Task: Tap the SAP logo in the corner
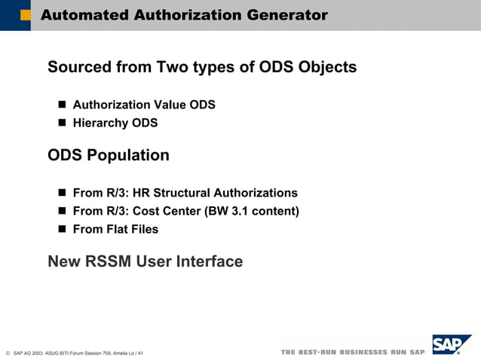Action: pyautogui.click(x=451, y=345)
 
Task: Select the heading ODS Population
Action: pyautogui.click(x=109, y=156)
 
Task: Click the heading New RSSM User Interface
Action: pyautogui.click(x=145, y=262)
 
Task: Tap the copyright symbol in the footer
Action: pyautogui.click(x=8, y=352)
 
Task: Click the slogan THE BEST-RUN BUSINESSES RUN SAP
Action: pyautogui.click(x=353, y=352)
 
